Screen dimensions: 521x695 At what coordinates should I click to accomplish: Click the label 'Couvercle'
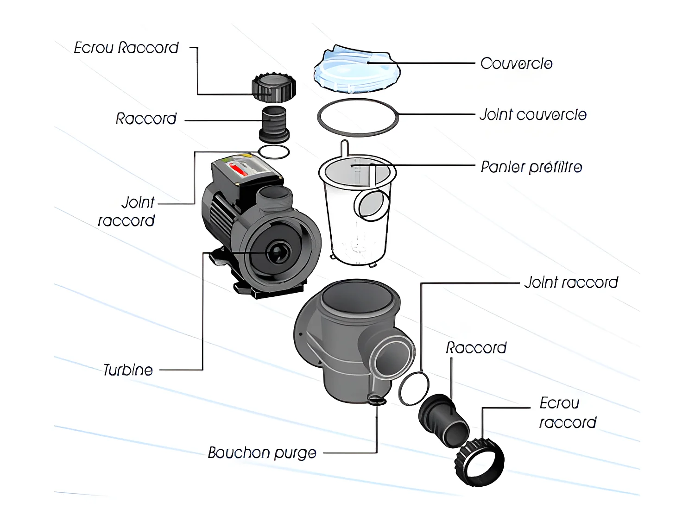click(516, 63)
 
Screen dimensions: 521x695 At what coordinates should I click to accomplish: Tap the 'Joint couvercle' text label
click(533, 114)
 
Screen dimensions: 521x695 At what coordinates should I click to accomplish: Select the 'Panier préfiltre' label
click(531, 167)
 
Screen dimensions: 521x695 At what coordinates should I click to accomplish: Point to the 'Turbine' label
click(128, 370)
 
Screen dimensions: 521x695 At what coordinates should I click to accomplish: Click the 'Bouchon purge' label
click(262, 452)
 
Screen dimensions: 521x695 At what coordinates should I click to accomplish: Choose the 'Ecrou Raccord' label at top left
click(126, 48)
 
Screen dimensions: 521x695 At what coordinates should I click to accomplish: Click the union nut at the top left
click(274, 87)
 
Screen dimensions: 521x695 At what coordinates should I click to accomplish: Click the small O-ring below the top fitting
click(273, 151)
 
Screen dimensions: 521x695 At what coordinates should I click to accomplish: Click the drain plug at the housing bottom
click(376, 400)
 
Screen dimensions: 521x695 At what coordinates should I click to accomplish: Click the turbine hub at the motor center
click(277, 252)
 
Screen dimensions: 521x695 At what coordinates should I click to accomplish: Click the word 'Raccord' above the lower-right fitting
click(476, 348)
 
